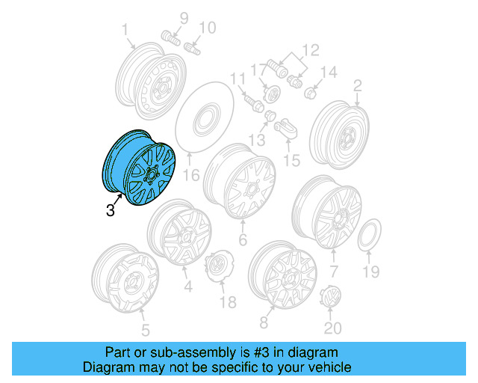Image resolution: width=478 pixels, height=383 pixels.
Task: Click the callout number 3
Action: (x=111, y=210)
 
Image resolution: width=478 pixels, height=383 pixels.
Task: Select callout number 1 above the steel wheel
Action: (x=125, y=30)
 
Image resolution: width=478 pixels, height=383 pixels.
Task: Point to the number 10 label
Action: (x=206, y=28)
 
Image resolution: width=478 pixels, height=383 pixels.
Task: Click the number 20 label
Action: (x=332, y=328)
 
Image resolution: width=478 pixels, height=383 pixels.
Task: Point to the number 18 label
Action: (x=227, y=301)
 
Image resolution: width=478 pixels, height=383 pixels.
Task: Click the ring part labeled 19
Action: (x=370, y=235)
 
